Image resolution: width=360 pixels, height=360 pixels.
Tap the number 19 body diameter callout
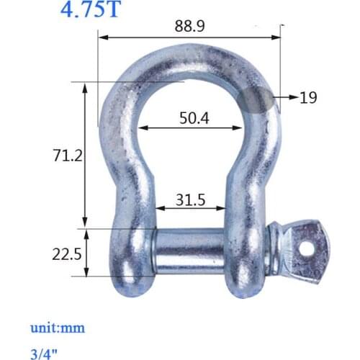[308, 98]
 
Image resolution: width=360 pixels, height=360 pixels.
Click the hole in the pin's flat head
[307, 247]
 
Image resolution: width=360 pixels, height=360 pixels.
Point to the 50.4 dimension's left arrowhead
[142, 129]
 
